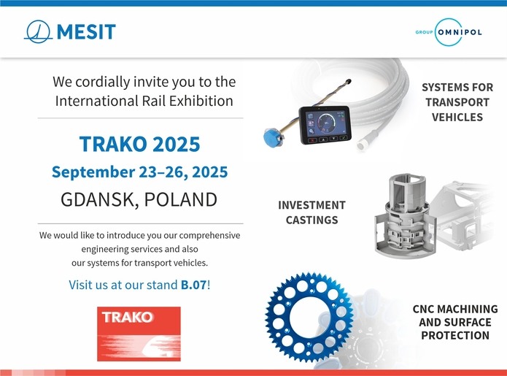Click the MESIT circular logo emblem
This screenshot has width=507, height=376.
[38, 31]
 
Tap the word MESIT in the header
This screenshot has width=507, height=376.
[86, 31]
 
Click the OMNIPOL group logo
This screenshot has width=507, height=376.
[449, 32]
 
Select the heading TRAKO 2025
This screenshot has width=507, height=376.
[139, 144]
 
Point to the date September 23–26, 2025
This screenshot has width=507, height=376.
[139, 172]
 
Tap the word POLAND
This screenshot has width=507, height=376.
[180, 199]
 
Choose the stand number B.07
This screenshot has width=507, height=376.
[193, 285]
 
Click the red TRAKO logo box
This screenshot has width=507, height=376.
[139, 334]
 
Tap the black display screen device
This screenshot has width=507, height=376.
[325, 126]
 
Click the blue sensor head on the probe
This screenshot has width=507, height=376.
[273, 138]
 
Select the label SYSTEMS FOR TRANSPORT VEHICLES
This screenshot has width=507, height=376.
[457, 102]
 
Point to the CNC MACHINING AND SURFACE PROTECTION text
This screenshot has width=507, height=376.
[455, 322]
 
